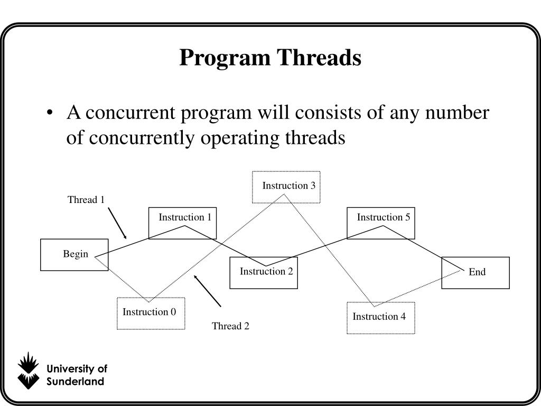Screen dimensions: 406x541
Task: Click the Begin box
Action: (x=74, y=255)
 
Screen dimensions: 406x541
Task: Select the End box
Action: (x=475, y=273)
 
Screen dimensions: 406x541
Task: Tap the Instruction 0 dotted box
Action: (x=151, y=313)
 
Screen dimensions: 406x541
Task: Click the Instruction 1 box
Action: (x=182, y=223)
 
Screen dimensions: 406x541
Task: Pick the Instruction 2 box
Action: (x=264, y=273)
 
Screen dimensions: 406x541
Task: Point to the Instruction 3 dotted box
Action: (x=286, y=187)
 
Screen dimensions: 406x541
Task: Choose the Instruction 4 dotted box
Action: (x=380, y=318)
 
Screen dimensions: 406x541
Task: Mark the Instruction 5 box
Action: (x=381, y=223)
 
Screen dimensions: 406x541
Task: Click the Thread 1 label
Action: (x=86, y=200)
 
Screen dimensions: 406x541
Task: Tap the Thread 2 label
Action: (x=230, y=326)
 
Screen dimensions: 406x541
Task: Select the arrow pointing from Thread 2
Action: (x=208, y=291)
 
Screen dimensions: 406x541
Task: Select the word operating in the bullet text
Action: (x=245, y=138)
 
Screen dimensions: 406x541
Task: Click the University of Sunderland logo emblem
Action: (x=28, y=370)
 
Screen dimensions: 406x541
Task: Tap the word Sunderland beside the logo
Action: (x=75, y=382)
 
